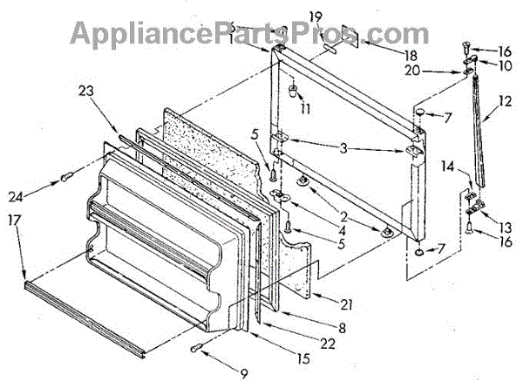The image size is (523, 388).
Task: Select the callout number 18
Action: point(386,55)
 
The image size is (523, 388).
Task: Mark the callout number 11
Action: point(306,110)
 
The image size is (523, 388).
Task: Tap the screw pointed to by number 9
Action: point(197,351)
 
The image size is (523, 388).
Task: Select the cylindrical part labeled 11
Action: point(295,92)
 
